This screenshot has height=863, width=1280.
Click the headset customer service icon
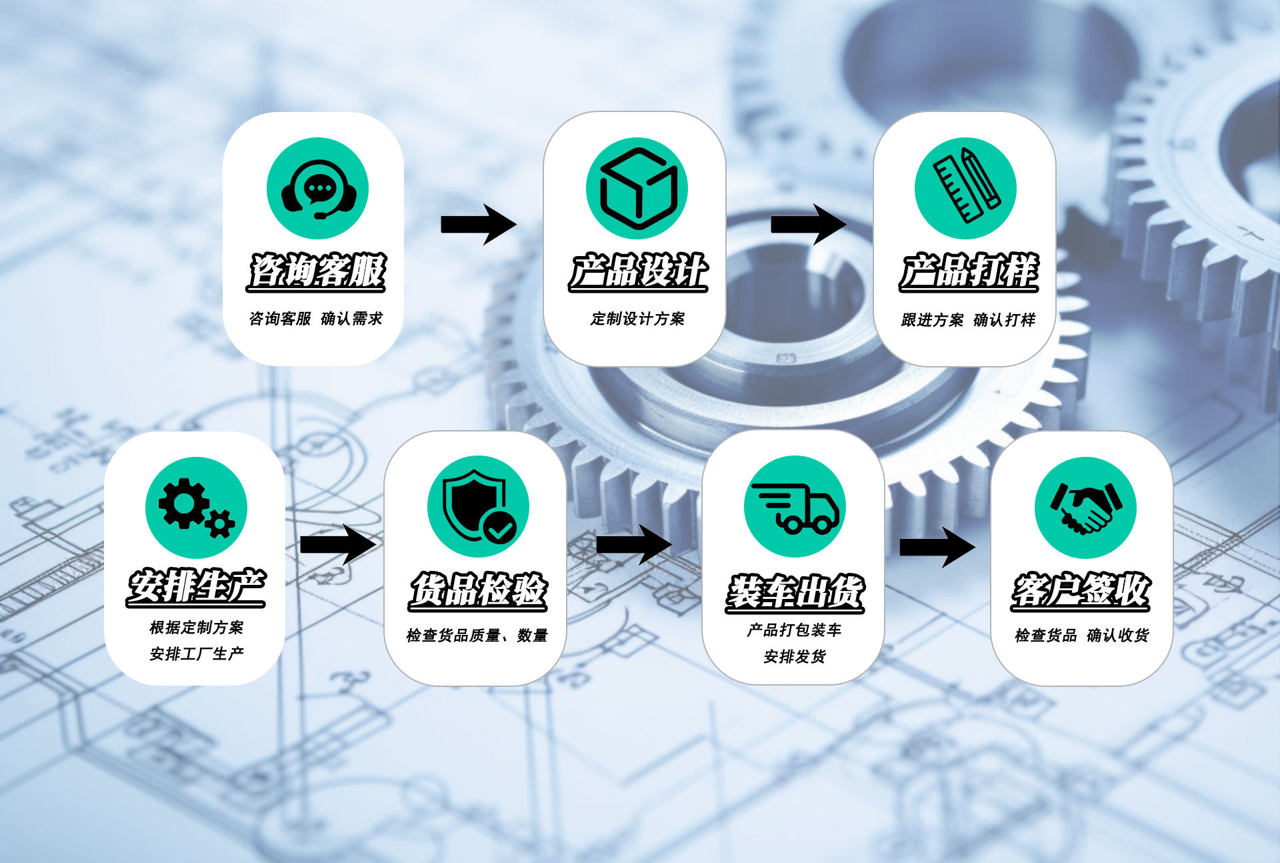[317, 189]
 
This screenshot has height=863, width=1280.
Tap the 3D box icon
[637, 189]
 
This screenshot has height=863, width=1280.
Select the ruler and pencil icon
[965, 189]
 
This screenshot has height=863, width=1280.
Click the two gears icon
[196, 508]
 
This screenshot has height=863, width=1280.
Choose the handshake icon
[1085, 508]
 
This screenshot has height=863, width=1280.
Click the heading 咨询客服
[317, 271]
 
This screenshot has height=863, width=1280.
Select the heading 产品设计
[638, 271]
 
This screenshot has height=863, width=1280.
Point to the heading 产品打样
[969, 271]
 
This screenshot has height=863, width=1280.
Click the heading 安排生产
[196, 588]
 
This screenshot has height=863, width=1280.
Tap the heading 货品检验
[477, 591]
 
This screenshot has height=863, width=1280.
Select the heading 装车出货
[795, 593]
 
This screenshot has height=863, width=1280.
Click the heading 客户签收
[1081, 591]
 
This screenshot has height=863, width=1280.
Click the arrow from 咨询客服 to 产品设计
[478, 225]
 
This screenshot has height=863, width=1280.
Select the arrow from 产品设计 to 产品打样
[808, 225]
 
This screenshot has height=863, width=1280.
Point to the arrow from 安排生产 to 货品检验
[337, 544]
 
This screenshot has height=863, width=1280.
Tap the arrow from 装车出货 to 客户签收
[937, 547]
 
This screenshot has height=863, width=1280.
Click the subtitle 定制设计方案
[637, 319]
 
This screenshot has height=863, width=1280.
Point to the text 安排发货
[795, 657]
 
